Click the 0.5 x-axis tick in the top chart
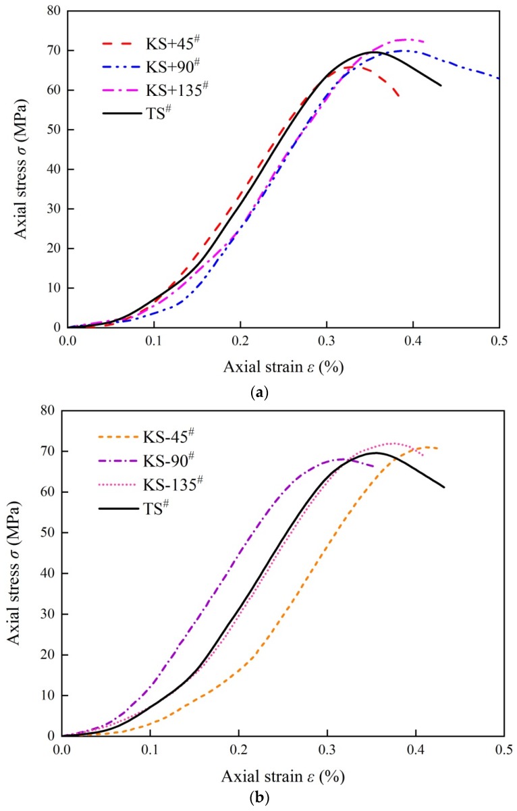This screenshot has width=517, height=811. (499, 342)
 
